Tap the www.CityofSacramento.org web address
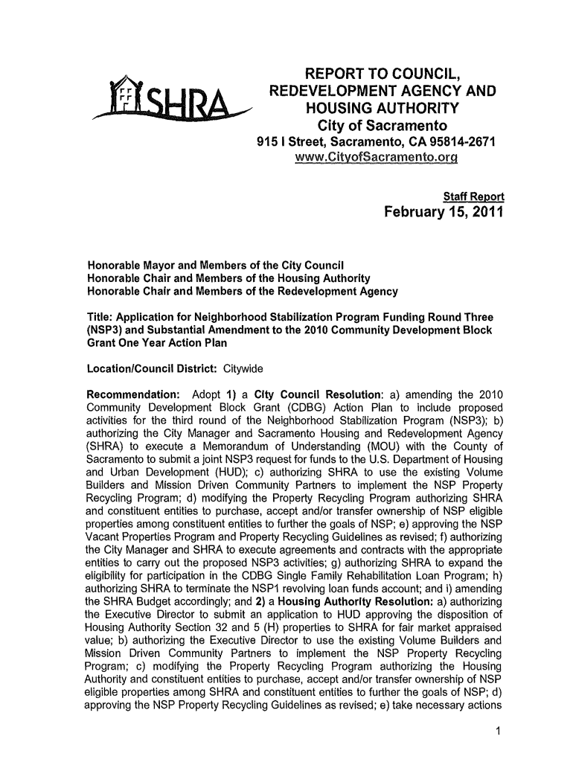click(377, 159)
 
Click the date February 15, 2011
click(444, 214)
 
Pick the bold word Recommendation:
click(132, 393)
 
